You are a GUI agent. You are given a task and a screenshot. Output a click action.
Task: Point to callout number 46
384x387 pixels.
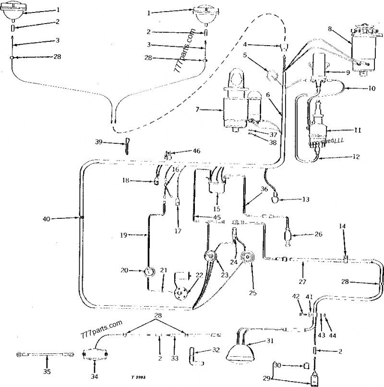(x=196, y=151)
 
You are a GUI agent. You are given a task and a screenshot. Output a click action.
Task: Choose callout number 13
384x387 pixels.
(x=305, y=199)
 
